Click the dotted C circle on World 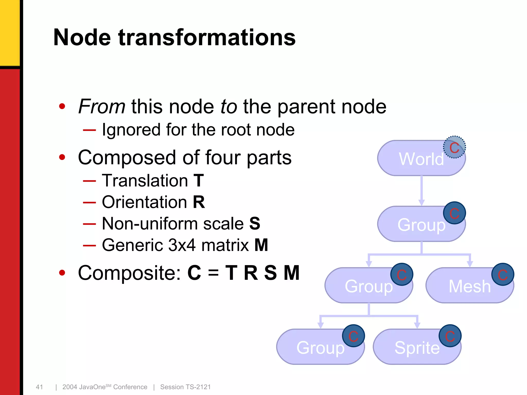[454, 147]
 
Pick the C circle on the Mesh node [503, 274]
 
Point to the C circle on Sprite [450, 336]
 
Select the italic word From [102, 106]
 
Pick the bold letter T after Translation [199, 181]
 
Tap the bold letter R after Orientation [199, 202]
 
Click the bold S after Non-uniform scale [255, 223]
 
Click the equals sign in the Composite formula [213, 273]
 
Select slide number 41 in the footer [39, 387]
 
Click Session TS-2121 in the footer [185, 387]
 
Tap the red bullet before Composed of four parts [62, 157]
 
